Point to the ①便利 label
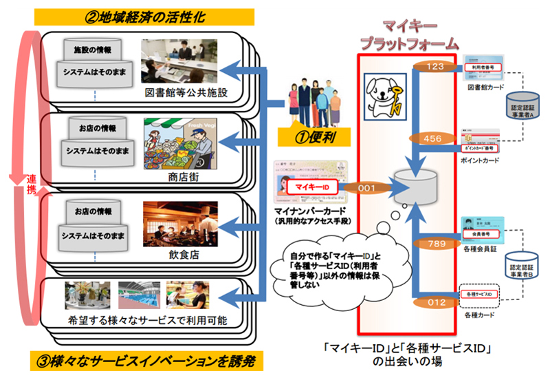coord(315,136)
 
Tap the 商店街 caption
coord(177,174)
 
